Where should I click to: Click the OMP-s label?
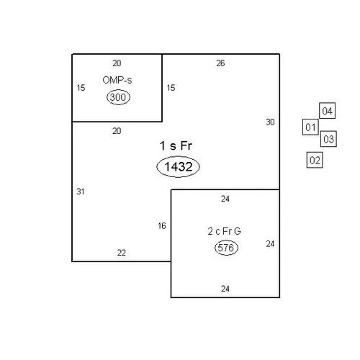tap(117, 80)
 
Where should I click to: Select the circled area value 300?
tap(118, 97)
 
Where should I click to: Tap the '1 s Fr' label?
tap(176, 145)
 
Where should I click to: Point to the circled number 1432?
tap(178, 166)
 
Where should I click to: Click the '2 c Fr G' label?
tap(224, 231)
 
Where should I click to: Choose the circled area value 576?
tap(226, 248)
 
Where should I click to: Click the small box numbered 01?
tap(310, 127)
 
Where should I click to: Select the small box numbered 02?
tap(315, 160)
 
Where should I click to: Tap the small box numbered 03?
tap(328, 139)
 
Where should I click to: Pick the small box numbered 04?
tap(327, 111)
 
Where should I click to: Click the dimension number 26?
tap(220, 63)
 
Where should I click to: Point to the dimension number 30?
tap(270, 122)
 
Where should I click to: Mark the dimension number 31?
tap(81, 192)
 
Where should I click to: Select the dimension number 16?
tap(162, 226)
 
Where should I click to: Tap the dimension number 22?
tap(122, 253)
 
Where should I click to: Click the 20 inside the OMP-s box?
tap(117, 63)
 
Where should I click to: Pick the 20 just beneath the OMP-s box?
tap(117, 131)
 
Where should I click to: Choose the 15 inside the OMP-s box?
tap(81, 88)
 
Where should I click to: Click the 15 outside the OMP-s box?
tap(171, 88)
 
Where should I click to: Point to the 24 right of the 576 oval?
tap(270, 244)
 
